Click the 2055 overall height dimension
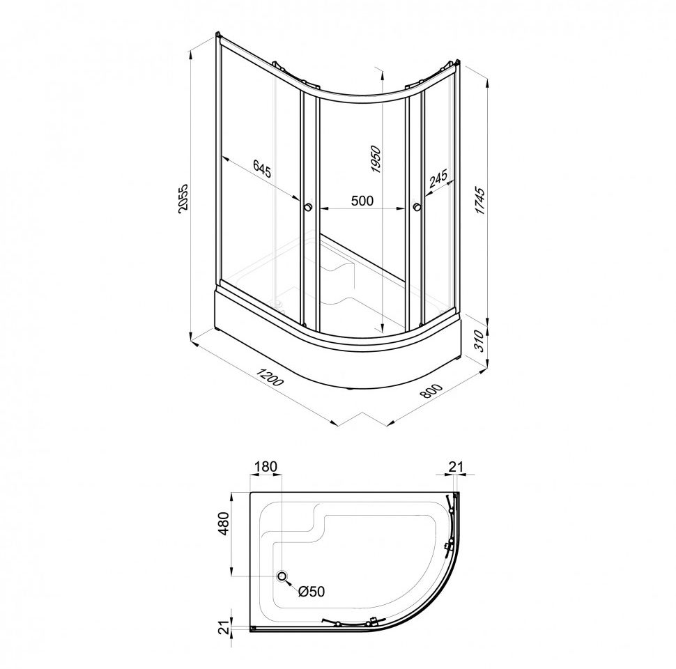coord(183,199)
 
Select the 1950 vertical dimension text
coord(376,159)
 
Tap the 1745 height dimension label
coord(480,201)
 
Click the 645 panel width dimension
coord(262,169)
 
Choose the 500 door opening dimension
coord(362,201)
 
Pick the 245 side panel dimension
coord(438,178)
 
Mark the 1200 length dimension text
coord(270,377)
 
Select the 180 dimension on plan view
coord(266,466)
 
